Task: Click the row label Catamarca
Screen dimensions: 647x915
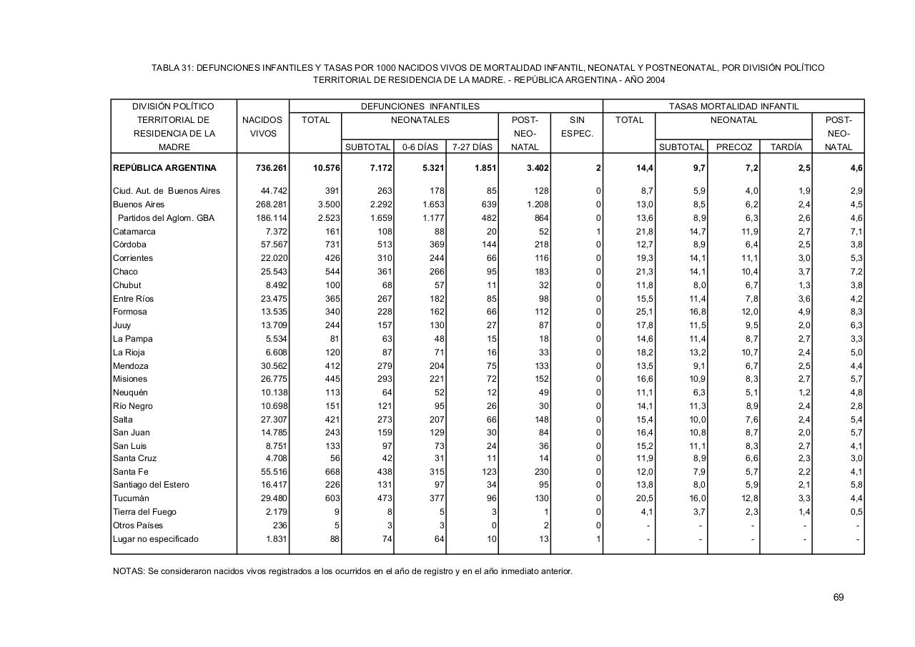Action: [x=134, y=232]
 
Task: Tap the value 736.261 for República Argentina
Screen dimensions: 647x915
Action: [x=271, y=168]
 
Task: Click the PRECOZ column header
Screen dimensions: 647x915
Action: [x=733, y=147]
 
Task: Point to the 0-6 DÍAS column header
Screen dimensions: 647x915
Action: [x=420, y=147]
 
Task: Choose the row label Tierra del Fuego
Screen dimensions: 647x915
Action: [x=144, y=512]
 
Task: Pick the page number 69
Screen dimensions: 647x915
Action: [x=839, y=597]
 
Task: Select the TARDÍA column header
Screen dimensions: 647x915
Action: [x=786, y=147]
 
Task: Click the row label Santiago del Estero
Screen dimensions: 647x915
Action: [x=151, y=485]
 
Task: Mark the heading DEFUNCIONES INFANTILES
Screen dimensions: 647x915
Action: [x=420, y=107]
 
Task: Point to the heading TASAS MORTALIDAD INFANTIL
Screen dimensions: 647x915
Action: [x=733, y=107]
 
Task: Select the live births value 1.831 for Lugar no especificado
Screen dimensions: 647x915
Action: [x=275, y=539]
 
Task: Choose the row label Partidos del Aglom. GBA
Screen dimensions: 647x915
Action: [x=166, y=218]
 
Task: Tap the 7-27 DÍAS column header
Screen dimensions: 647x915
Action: [x=472, y=147]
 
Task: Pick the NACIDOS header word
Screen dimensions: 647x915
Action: [x=262, y=120]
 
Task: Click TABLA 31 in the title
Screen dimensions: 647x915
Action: [x=170, y=68]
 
